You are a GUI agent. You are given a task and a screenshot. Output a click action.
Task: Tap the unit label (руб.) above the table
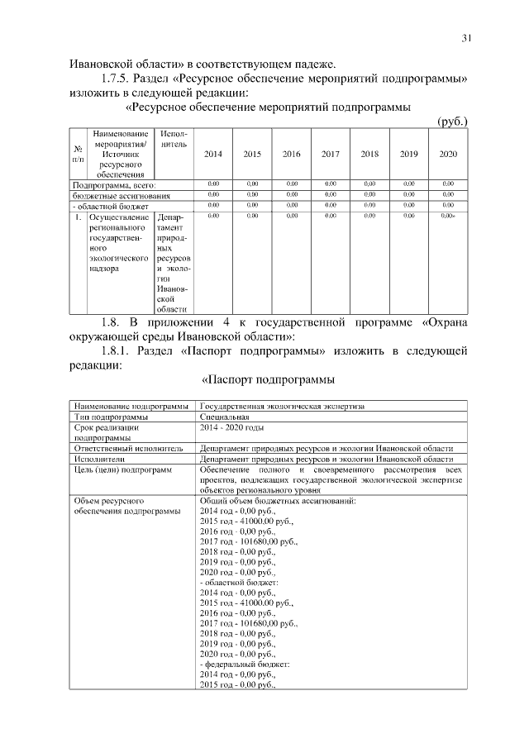[x=452, y=121]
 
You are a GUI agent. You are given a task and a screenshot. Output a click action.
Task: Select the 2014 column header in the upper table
[x=212, y=154]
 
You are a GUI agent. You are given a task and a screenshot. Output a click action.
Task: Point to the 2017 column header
[x=330, y=154]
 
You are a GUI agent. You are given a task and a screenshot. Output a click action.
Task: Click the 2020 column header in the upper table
[x=448, y=154]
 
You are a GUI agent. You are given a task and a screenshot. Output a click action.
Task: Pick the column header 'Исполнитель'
[x=174, y=139]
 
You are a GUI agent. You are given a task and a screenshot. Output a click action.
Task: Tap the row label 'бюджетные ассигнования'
[x=122, y=196]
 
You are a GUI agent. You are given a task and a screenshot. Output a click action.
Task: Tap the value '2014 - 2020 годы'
[x=232, y=428]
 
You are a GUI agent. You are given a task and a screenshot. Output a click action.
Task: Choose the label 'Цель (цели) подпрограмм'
[x=123, y=469]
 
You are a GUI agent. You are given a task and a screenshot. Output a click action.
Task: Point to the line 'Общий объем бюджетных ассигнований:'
[x=278, y=501]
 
